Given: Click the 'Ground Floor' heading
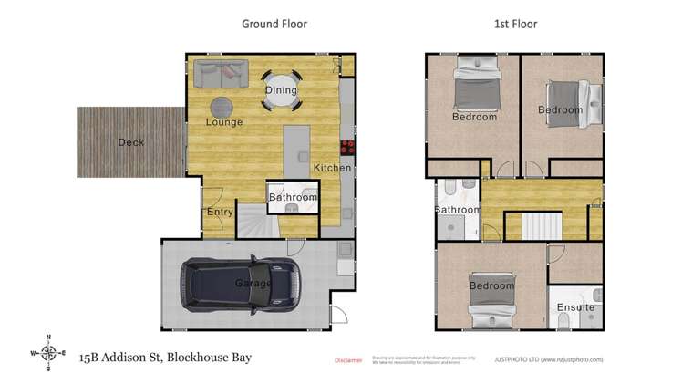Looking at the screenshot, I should (274, 25).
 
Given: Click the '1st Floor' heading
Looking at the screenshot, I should (514, 25).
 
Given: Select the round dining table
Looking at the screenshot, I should (281, 90).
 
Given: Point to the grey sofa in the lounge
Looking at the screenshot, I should (220, 70).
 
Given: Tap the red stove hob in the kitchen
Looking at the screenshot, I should (346, 148).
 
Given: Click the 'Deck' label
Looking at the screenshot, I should (130, 142).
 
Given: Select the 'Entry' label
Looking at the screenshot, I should (220, 212).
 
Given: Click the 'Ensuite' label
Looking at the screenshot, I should (576, 307).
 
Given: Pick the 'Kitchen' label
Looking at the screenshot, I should (332, 169).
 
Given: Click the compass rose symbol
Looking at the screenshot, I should (49, 352).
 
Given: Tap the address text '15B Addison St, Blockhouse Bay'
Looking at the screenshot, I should (165, 358).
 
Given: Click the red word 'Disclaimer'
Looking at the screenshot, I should (349, 360).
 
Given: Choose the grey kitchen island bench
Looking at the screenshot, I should (295, 150).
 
